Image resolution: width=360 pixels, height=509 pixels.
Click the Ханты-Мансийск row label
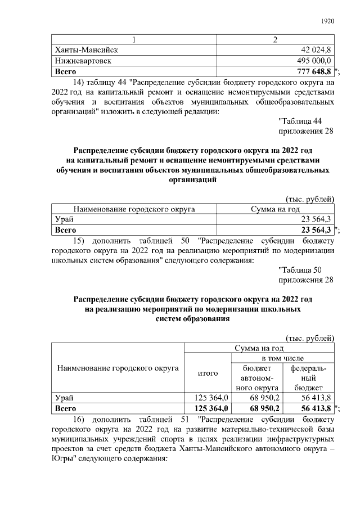click(85, 50)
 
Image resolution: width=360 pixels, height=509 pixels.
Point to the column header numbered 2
click(276, 39)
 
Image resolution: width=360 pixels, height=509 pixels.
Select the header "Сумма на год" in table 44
click(276, 209)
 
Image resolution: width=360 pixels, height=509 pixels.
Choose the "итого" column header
click(208, 373)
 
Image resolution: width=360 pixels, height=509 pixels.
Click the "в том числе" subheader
click(282, 358)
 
